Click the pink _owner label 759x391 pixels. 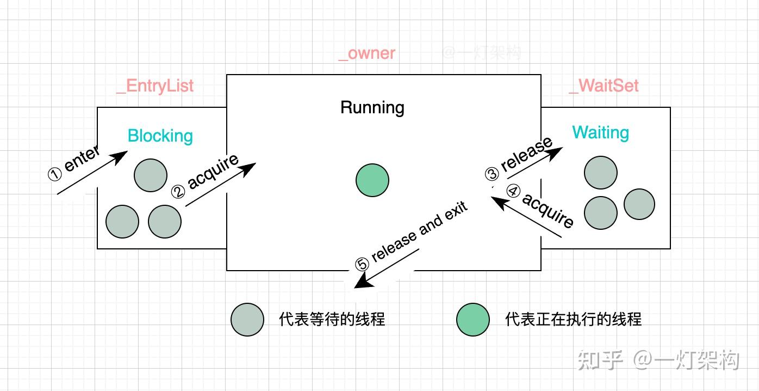click(366, 53)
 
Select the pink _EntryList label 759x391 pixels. click(155, 86)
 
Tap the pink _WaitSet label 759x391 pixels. click(604, 86)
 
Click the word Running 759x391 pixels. click(372, 107)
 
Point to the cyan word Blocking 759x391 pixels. click(160, 136)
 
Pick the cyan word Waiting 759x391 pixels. click(600, 132)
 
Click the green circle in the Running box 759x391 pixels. click(372, 180)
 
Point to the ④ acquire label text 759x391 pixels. click(542, 207)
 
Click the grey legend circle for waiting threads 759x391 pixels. click(247, 319)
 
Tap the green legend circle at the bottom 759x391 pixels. click(473, 319)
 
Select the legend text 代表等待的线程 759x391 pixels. click(332, 319)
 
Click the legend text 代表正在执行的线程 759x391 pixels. click(573, 319)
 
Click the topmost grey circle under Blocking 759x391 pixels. click(151, 175)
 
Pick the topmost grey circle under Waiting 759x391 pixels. click(601, 173)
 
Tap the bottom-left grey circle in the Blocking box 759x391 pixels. click(122, 222)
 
